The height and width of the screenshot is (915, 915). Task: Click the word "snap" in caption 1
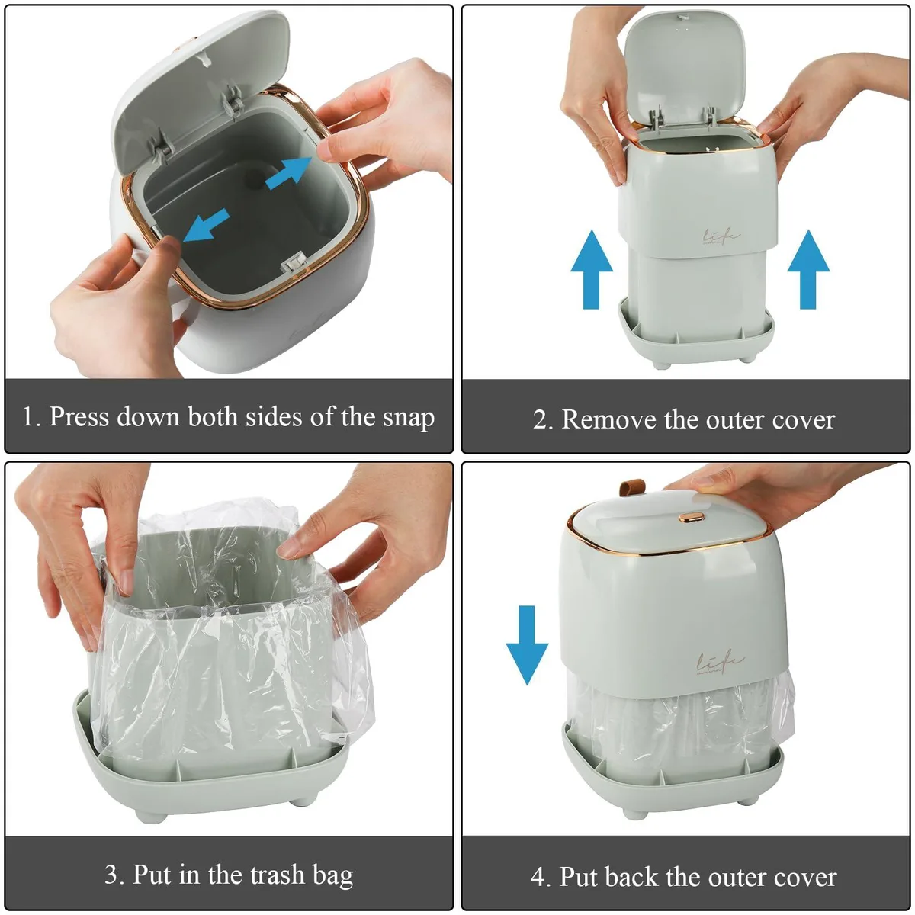pyautogui.click(x=409, y=418)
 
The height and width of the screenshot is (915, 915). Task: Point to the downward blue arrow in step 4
pyautogui.click(x=527, y=644)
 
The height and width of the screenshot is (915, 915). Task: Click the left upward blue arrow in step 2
pyautogui.click(x=592, y=269)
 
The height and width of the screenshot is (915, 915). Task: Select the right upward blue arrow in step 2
pyautogui.click(x=808, y=269)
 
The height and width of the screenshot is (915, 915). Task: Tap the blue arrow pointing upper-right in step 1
pyautogui.click(x=289, y=173)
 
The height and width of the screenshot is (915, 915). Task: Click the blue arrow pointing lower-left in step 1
pyautogui.click(x=206, y=225)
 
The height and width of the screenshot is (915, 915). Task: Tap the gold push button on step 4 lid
pyautogui.click(x=691, y=517)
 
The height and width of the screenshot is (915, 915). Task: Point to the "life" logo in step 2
pyautogui.click(x=721, y=236)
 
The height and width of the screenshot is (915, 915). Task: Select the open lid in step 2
pyautogui.click(x=685, y=71)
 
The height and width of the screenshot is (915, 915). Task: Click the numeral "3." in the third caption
pyautogui.click(x=114, y=874)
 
